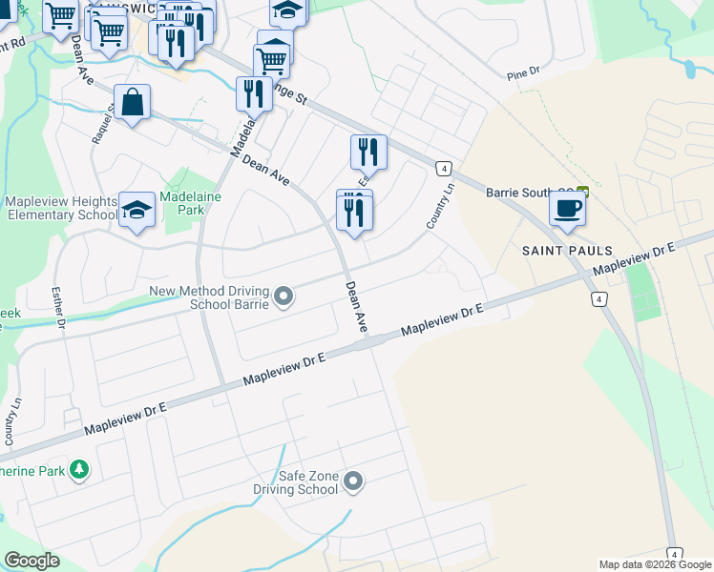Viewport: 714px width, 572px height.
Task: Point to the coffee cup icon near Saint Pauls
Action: [567, 208]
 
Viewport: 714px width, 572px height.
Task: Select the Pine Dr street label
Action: [524, 71]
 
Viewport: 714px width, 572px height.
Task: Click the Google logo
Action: [31, 561]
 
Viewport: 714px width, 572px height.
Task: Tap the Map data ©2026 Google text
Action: [656, 564]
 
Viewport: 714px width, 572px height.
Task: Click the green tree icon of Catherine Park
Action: [79, 469]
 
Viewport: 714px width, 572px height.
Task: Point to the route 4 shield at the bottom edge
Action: [675, 554]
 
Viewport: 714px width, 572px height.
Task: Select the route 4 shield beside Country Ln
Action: [443, 168]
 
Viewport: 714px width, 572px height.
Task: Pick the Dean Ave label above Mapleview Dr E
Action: [357, 306]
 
